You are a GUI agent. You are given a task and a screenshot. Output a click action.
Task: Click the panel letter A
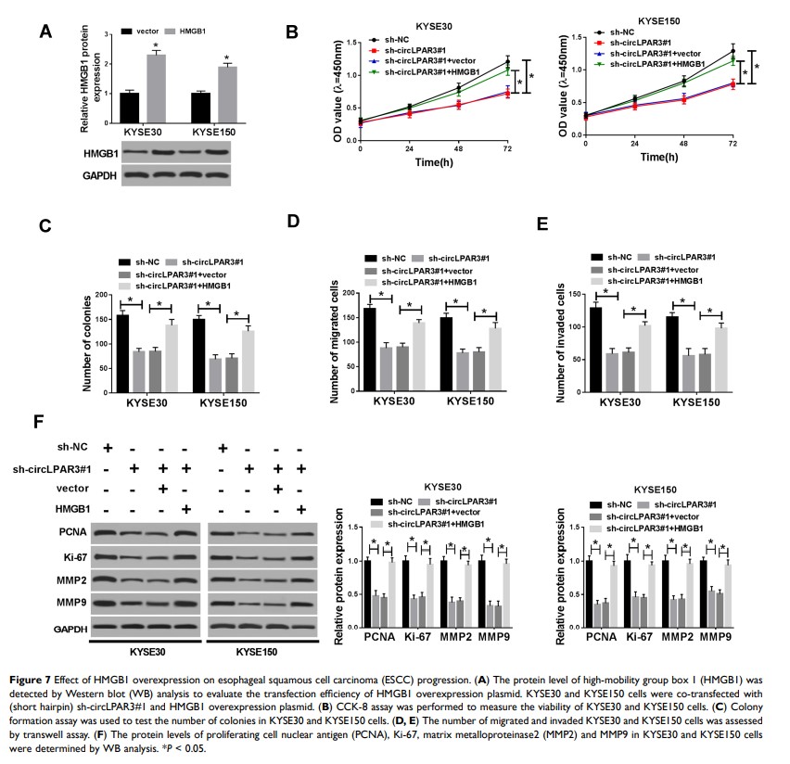click(45, 32)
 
